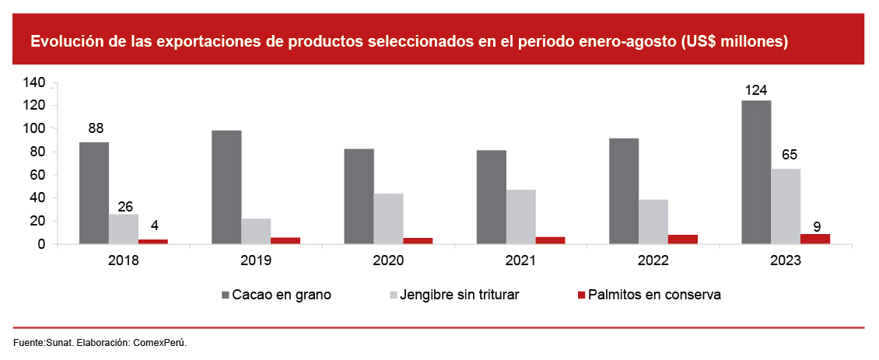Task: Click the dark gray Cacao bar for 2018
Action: (94, 193)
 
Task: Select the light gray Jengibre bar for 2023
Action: (786, 206)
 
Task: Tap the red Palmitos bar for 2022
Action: (682, 239)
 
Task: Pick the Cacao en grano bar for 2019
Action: (226, 187)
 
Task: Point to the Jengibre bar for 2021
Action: (520, 217)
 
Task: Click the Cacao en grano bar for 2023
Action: (756, 172)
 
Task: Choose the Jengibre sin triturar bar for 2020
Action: (388, 218)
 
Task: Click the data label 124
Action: (756, 90)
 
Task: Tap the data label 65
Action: (786, 155)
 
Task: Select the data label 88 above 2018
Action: (96, 128)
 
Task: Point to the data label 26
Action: (125, 207)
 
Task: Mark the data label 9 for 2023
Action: (816, 227)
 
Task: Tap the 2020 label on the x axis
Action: (388, 261)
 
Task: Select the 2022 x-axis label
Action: (653, 261)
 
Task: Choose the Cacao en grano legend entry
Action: (276, 295)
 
